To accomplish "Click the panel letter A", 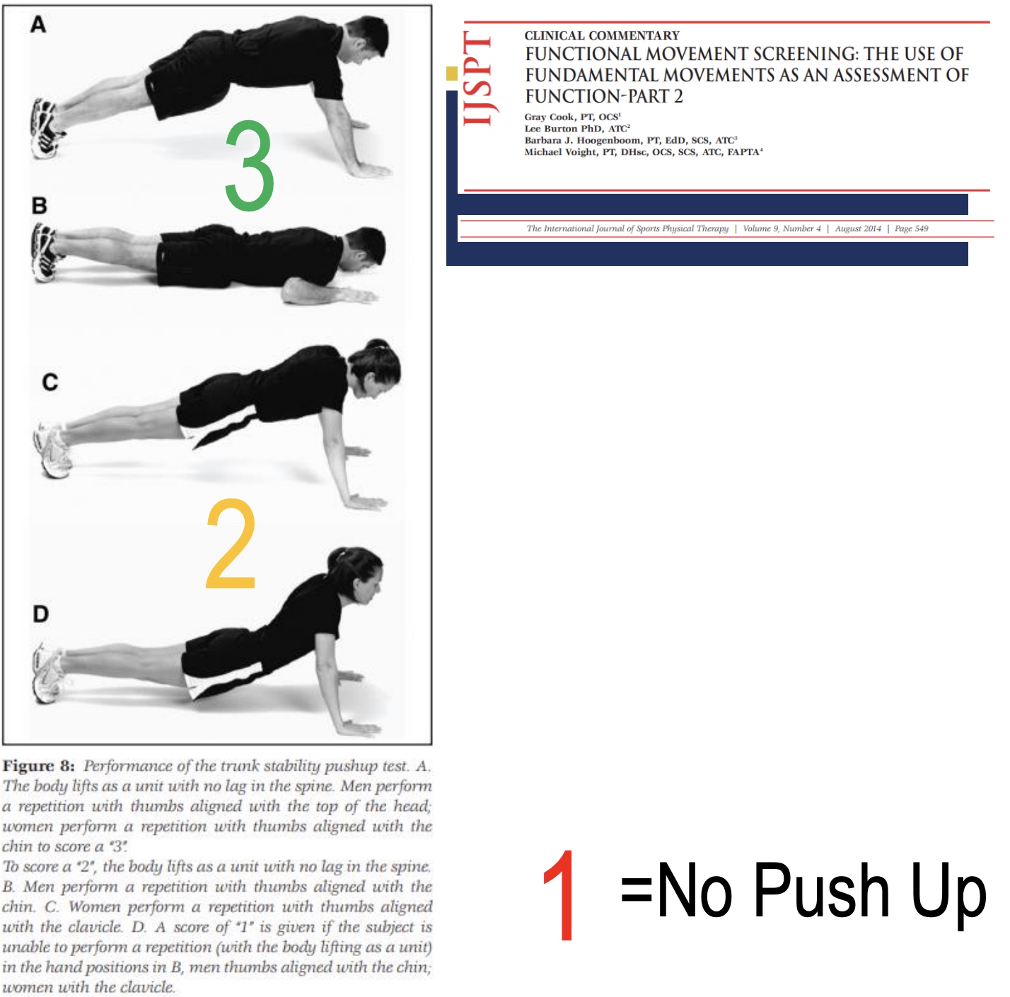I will tap(38, 25).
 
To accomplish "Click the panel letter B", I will tap(40, 206).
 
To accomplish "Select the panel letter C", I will tap(50, 383).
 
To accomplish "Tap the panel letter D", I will tap(41, 614).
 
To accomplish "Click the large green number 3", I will tap(249, 166).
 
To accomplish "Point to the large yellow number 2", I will tap(231, 544).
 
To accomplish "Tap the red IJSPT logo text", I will tap(478, 79).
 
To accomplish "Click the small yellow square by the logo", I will tap(452, 73).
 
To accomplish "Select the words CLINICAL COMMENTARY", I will tap(601, 35).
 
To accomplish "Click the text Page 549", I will tap(911, 228).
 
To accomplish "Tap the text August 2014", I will tap(857, 228).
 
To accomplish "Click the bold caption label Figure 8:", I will tap(39, 766).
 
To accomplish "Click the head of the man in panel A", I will tap(368, 38).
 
